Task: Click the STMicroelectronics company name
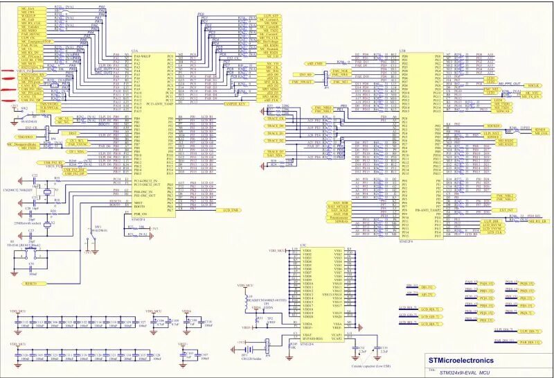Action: (461, 361)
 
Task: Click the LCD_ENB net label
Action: (231, 209)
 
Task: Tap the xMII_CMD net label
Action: (306, 64)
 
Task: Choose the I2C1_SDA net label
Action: (75, 151)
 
